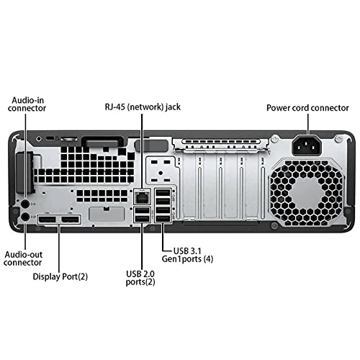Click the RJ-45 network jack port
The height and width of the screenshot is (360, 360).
coord(142,197)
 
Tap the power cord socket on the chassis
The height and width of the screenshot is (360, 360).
coord(307,145)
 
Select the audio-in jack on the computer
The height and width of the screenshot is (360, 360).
coord(25,204)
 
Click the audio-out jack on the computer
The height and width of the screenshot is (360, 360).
coord(25,217)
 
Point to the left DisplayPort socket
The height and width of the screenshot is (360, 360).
coord(48,220)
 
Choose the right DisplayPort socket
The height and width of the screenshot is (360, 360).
coord(70,220)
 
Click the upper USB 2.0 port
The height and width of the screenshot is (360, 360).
coord(142,210)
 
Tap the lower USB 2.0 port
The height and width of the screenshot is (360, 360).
coord(142,219)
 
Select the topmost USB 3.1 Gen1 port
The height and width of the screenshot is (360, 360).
coord(163,193)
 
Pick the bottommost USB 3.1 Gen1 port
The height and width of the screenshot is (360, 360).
coord(163,219)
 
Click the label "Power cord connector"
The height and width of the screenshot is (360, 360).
coord(307,108)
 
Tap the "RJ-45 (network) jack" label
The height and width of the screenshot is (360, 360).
coord(143,107)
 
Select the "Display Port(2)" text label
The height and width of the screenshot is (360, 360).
coord(60,276)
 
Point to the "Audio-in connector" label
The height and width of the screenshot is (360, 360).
coord(27,104)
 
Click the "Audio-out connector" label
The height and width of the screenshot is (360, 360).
coord(23,258)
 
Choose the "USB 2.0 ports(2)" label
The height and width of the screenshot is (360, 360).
coord(140,278)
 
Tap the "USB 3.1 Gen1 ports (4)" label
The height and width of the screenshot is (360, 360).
coord(187,255)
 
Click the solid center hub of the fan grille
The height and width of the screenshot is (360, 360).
coord(307,192)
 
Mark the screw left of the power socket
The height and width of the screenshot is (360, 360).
coord(274,138)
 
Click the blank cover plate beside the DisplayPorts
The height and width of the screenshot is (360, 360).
coord(107,214)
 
